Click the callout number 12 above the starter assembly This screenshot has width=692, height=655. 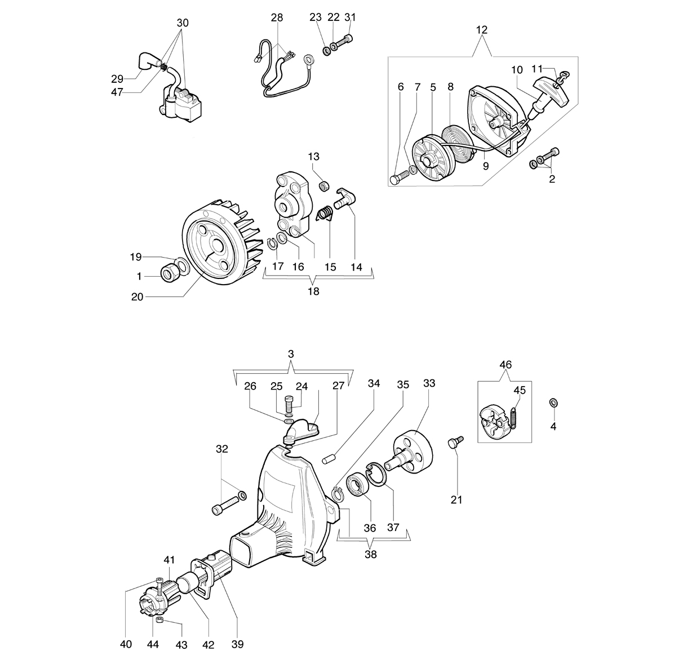481,30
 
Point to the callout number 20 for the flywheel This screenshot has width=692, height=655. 137,296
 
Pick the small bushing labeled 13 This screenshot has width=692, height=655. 323,185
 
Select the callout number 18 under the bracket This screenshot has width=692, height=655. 313,291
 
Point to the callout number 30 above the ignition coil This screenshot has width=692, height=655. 183,23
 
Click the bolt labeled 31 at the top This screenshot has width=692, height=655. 344,43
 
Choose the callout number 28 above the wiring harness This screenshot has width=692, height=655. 277,17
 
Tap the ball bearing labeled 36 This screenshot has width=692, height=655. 358,486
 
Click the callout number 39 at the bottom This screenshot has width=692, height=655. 238,644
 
